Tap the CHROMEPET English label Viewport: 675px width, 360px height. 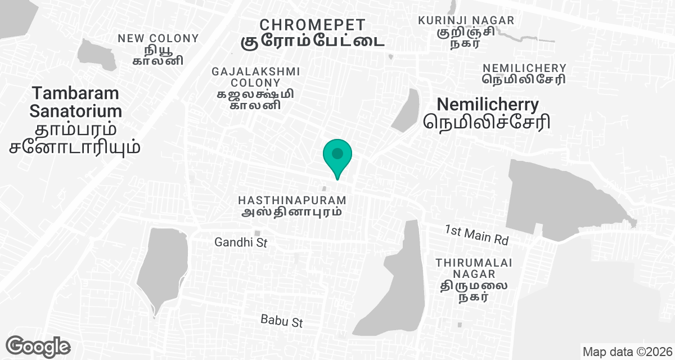point(313,25)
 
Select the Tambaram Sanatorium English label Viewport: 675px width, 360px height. point(76,101)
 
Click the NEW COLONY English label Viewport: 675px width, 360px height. point(158,38)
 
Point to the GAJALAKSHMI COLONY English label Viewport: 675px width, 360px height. point(255,77)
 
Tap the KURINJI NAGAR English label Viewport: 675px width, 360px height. point(466,20)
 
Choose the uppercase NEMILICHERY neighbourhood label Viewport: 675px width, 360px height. point(524,67)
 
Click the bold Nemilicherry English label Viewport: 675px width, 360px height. point(488,104)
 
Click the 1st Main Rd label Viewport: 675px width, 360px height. point(476,235)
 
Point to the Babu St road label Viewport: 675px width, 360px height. point(282,321)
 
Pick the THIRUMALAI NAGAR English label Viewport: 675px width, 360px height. point(465,268)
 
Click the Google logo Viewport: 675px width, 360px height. point(38,346)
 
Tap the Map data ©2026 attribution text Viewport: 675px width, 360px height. point(627,352)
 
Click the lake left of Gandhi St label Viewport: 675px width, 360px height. point(162,270)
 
